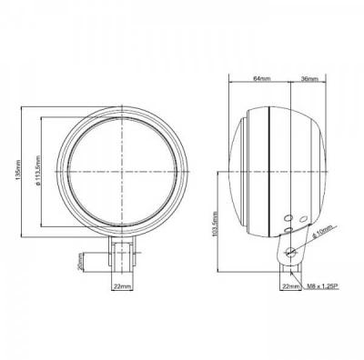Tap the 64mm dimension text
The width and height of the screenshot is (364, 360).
[261, 80]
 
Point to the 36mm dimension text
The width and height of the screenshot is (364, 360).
[308, 80]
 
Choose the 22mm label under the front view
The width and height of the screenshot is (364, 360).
[121, 286]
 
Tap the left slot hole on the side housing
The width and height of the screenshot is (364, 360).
[287, 219]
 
